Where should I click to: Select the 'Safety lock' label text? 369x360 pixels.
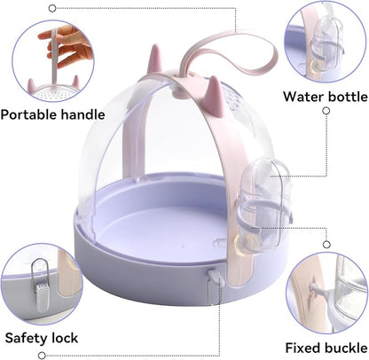42,338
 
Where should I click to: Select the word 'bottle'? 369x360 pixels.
345,96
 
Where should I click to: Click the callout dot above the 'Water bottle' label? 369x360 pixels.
326,112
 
